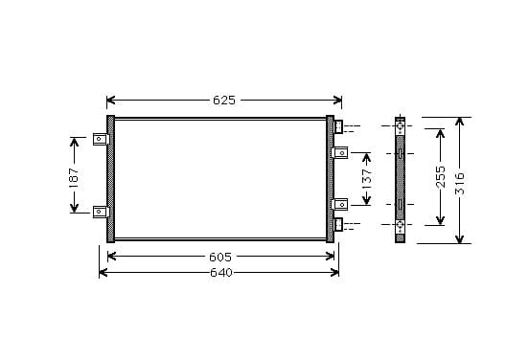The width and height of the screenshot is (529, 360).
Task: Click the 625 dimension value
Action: click(x=224, y=101)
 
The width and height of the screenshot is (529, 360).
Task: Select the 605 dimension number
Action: click(x=220, y=258)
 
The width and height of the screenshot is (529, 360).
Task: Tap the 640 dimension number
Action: click(x=221, y=272)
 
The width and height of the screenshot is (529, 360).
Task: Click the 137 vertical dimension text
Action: click(x=367, y=178)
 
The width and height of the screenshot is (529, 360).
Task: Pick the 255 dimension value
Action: click(x=441, y=176)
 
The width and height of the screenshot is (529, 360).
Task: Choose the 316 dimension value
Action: click(x=460, y=184)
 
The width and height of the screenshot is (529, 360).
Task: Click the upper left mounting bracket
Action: click(x=101, y=139)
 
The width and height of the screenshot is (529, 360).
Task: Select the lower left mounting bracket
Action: click(x=101, y=212)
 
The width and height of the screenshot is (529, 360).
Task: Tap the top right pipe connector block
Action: click(x=338, y=126)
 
